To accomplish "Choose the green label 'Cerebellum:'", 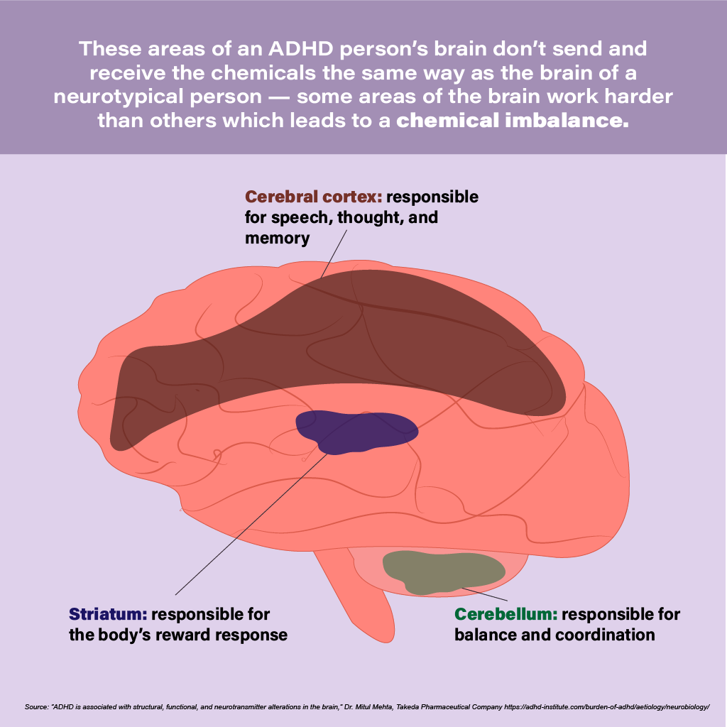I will coord(506,614).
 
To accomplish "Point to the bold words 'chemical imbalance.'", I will coord(513,120).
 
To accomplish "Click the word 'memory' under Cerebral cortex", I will coord(277,238).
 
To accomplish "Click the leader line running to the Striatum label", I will coord(248,522).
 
